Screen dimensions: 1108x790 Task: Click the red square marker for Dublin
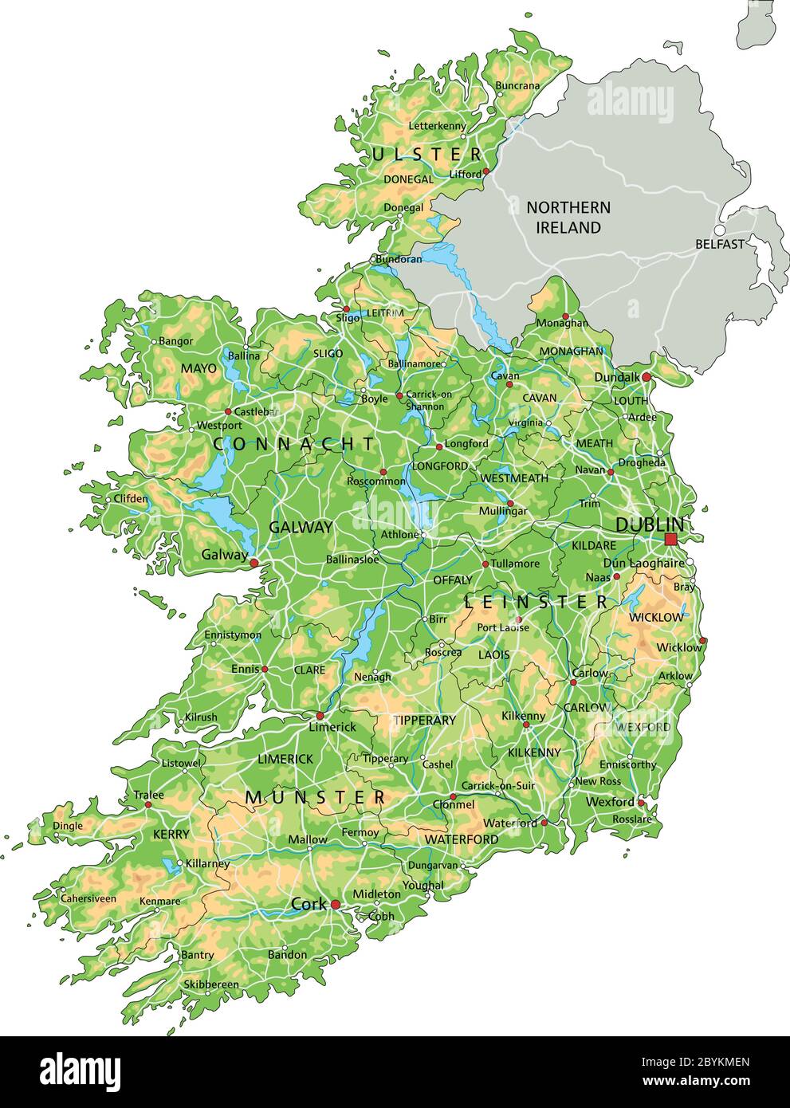[x=670, y=540]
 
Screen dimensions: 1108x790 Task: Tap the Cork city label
[x=309, y=904]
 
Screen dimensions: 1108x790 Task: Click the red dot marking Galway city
[x=254, y=563]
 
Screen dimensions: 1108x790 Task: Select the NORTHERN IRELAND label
[x=568, y=218]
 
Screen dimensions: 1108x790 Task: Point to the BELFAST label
[x=719, y=244]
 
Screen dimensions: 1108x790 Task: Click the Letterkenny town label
[x=437, y=126]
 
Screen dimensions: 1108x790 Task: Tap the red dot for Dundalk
[x=646, y=376]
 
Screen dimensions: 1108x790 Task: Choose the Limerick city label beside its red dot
[x=333, y=727]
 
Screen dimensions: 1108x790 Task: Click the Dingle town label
[x=67, y=826]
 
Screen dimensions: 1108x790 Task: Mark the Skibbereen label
[x=211, y=984]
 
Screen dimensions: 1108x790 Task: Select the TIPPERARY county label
[x=424, y=720]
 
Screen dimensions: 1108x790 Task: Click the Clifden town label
[x=131, y=499]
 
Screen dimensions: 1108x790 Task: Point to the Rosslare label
[x=632, y=819]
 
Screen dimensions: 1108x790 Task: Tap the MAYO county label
[x=198, y=368]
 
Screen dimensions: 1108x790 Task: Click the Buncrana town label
[x=517, y=85]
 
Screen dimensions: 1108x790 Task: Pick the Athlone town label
[x=399, y=534]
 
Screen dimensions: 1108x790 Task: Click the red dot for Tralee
[x=148, y=804]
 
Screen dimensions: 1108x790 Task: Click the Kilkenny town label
[x=523, y=716]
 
